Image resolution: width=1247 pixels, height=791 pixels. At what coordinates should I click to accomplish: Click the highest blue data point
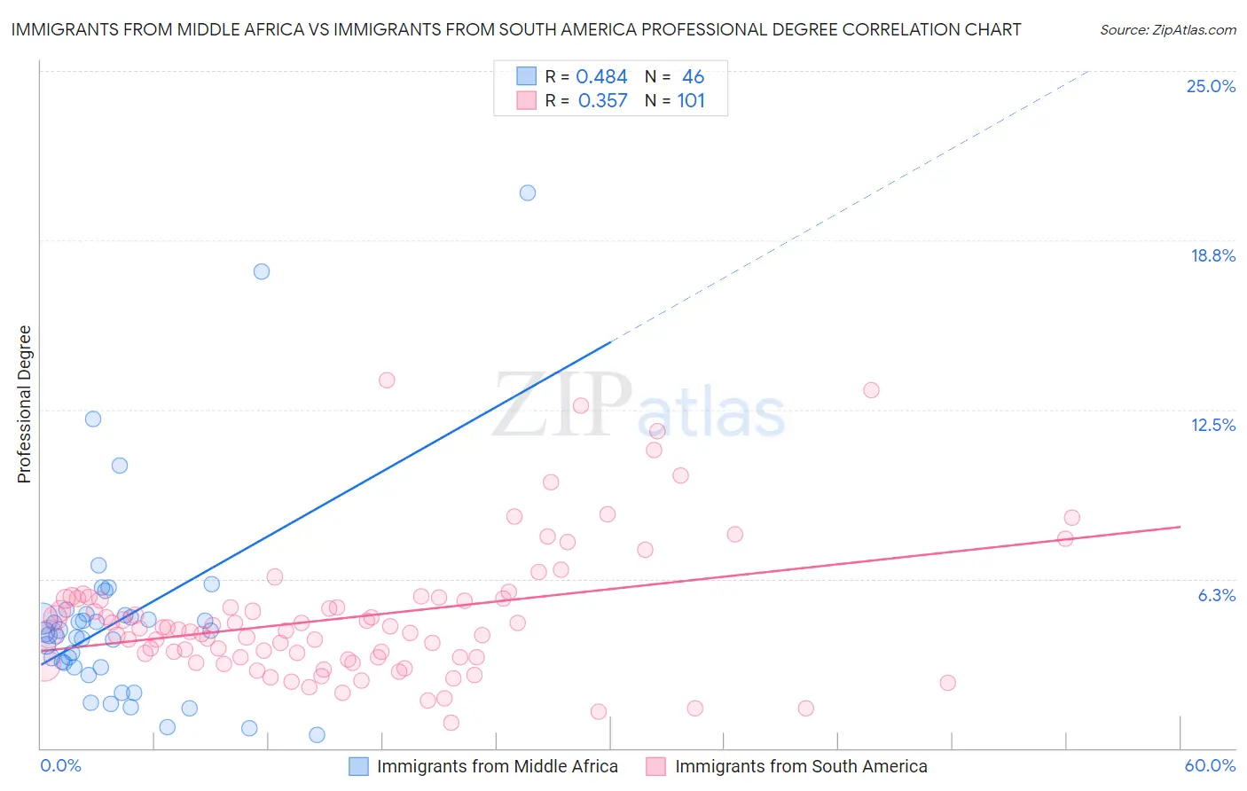pos(528,192)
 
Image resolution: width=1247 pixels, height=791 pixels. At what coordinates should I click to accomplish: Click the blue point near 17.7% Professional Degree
pos(262,271)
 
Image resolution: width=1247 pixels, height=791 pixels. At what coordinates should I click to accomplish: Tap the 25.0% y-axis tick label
pos(1211,86)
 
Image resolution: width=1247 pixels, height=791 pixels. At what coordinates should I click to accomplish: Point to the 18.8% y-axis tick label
pos(1212,255)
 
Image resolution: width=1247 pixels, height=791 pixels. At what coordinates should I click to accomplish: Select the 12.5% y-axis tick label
pos(1212,425)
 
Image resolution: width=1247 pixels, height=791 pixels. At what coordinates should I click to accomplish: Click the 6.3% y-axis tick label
pos(1216,595)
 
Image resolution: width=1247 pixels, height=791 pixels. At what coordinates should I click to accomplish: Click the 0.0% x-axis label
pos(60,765)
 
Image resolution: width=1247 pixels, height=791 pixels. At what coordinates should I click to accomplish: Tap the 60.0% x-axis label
pos(1210,765)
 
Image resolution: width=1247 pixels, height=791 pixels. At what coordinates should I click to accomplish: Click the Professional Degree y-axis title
pos(24,404)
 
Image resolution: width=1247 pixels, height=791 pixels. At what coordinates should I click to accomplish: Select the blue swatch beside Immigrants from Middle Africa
pos(358,766)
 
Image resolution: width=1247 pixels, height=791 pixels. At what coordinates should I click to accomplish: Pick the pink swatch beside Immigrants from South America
pos(655,766)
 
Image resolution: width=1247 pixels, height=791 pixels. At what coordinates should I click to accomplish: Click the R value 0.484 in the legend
pos(601,77)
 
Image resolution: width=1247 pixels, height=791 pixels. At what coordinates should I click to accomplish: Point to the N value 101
pos(691,101)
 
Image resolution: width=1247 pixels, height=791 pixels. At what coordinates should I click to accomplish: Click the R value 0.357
pos(602,101)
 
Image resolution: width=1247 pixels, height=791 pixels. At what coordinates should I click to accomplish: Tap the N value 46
pos(693,77)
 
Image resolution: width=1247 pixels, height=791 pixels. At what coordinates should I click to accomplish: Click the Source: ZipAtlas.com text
pos(1167,29)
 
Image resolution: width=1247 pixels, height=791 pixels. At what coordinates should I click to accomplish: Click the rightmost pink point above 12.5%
pos(871,390)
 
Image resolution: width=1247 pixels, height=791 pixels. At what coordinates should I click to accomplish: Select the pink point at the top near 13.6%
pos(387,380)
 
